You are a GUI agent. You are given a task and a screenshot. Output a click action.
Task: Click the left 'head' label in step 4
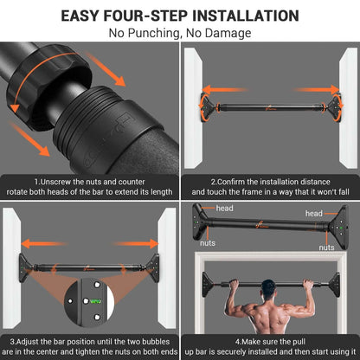[224, 209]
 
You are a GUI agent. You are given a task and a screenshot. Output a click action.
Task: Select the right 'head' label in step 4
[315, 213]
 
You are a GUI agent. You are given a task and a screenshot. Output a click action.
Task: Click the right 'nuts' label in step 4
[326, 247]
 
